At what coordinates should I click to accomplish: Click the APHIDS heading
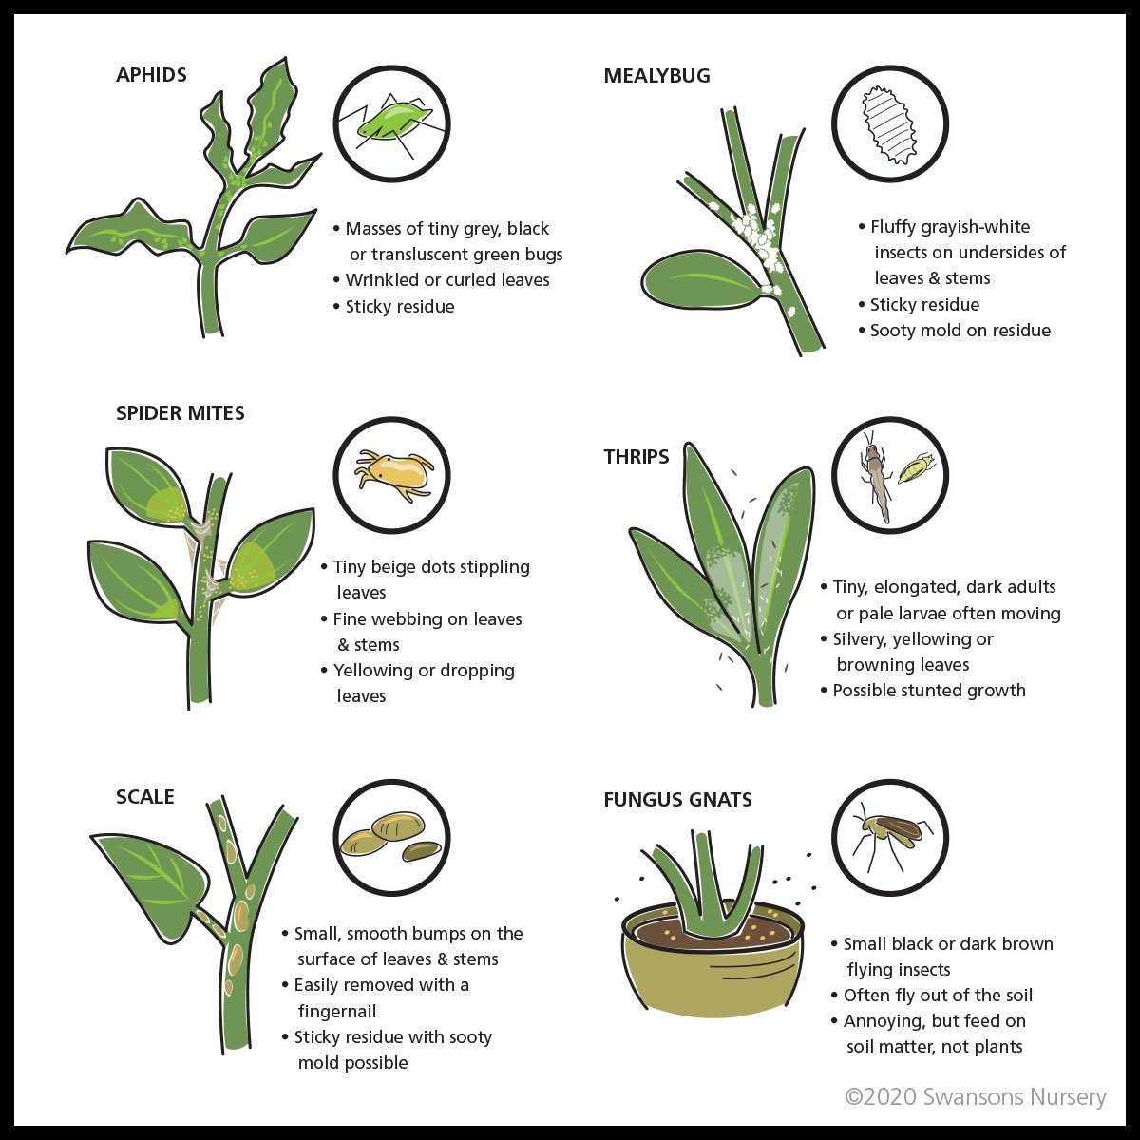click(x=151, y=75)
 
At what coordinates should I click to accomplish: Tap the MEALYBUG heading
click(x=656, y=76)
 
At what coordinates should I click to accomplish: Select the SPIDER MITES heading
click(x=180, y=413)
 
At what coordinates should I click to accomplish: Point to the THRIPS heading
click(x=636, y=457)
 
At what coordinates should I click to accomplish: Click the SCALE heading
click(x=145, y=797)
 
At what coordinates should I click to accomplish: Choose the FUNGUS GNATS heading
click(x=677, y=800)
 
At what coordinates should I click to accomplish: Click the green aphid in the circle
click(x=391, y=123)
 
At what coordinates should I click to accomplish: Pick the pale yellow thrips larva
click(x=916, y=468)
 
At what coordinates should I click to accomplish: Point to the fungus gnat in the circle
click(x=890, y=835)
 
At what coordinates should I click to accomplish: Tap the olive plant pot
click(x=712, y=963)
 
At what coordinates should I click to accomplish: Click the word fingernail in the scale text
click(x=337, y=1011)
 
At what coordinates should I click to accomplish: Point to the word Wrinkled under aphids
click(x=382, y=280)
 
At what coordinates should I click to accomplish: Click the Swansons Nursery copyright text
click(x=976, y=1096)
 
